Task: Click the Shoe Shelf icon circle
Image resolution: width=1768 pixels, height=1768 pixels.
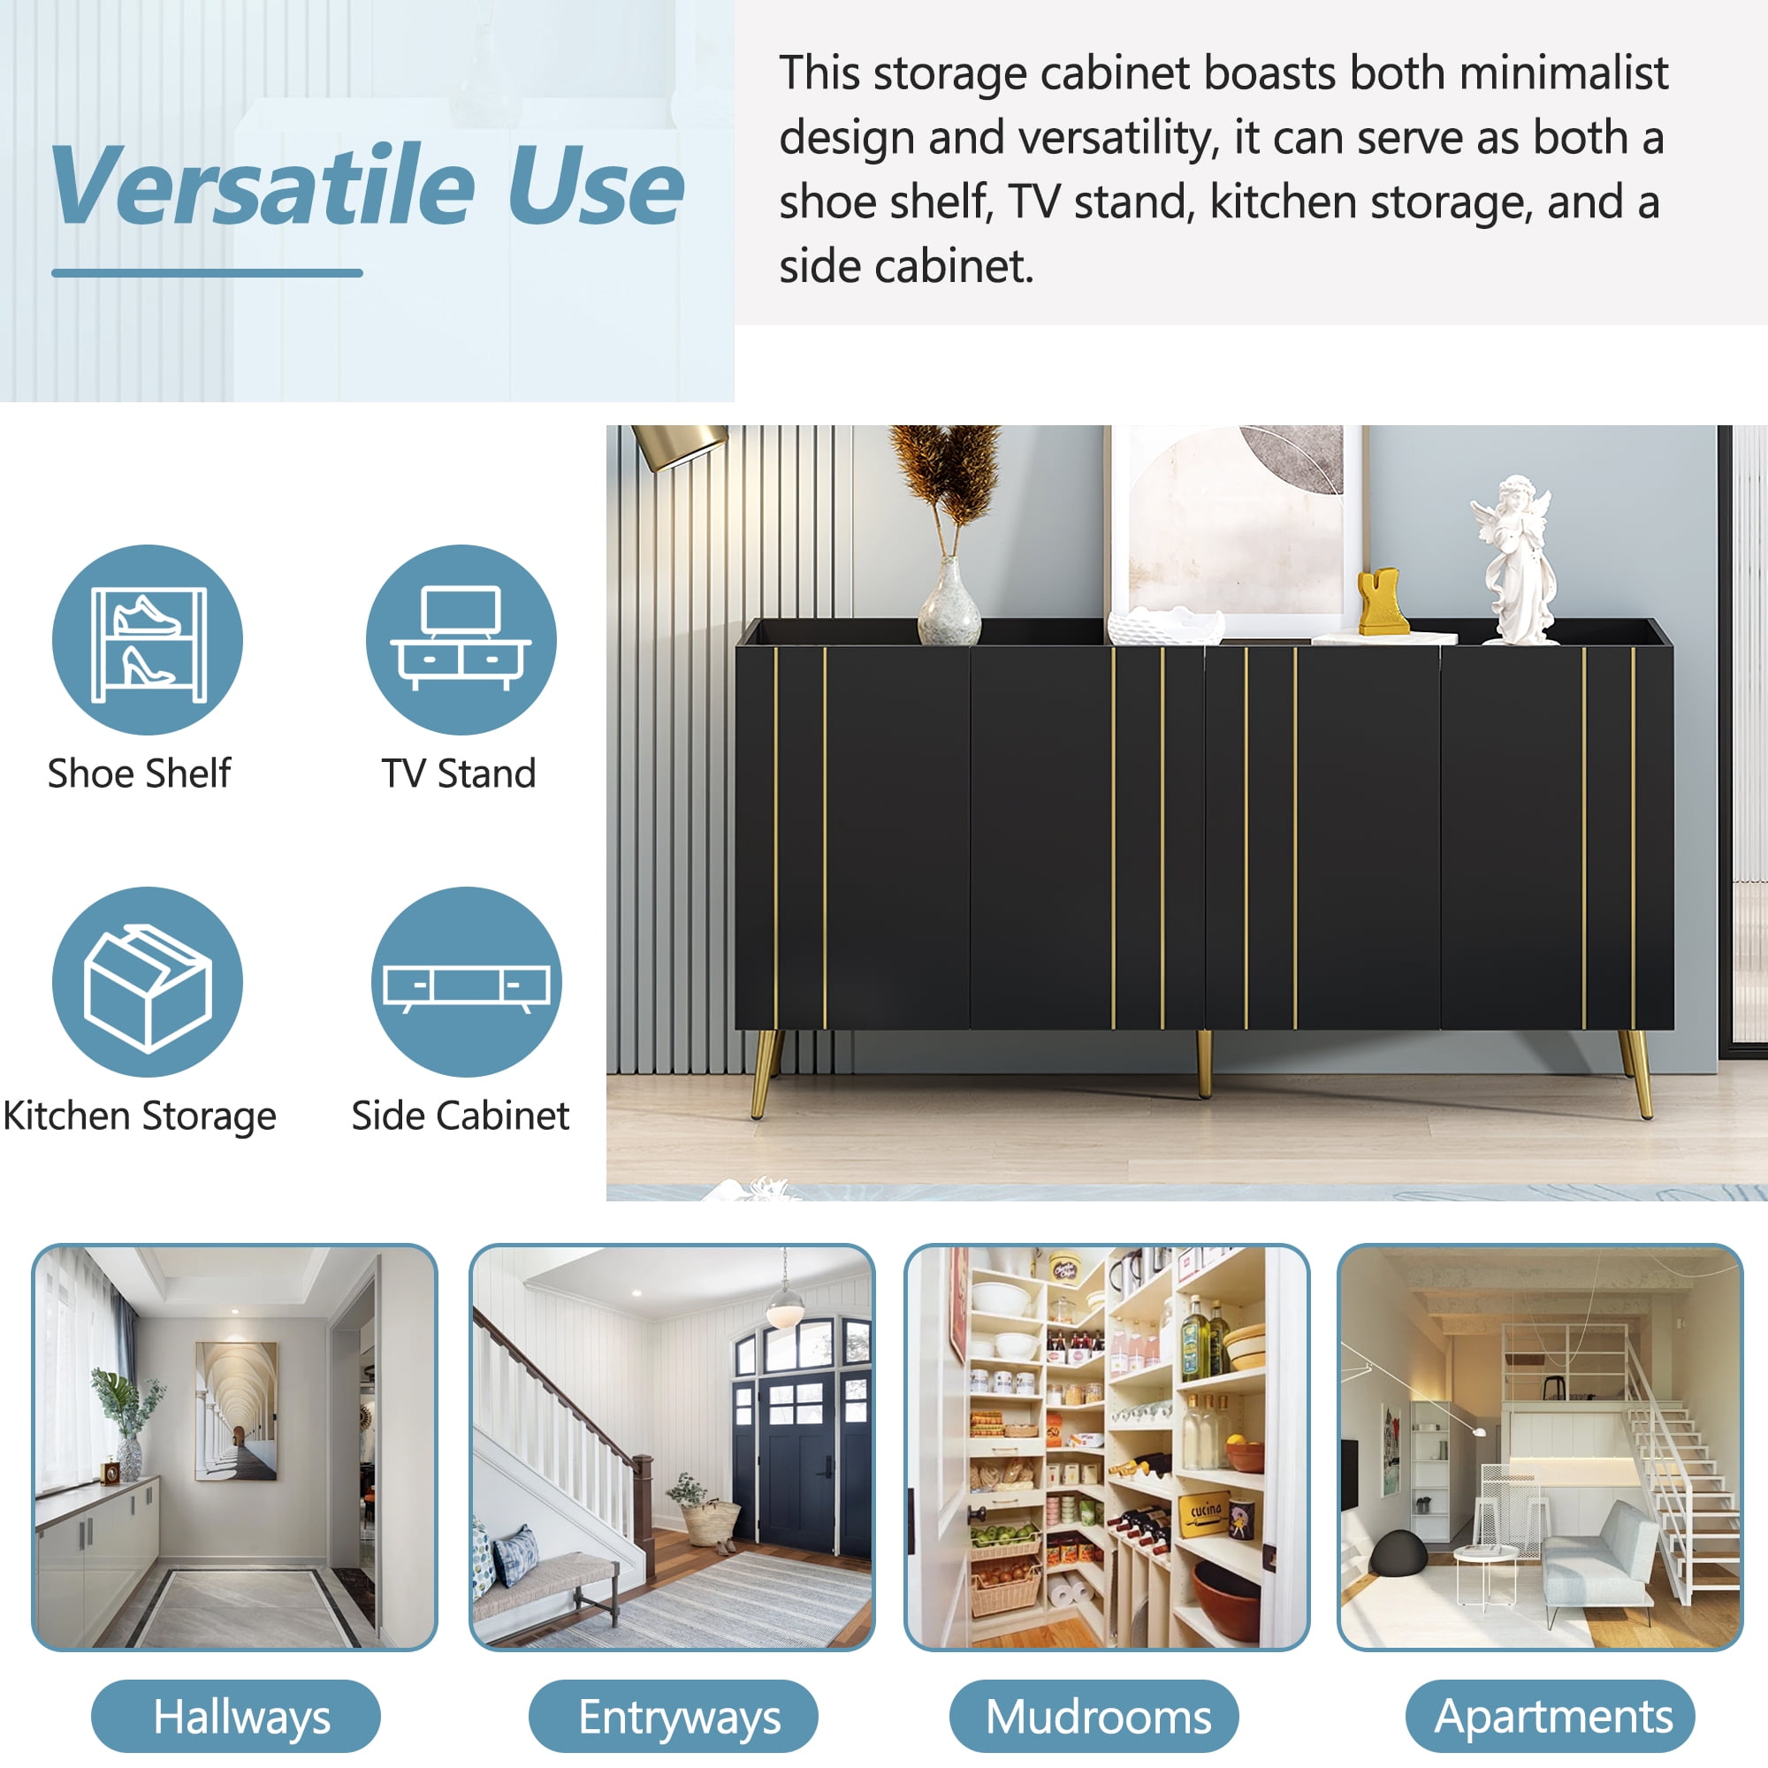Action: click(x=148, y=640)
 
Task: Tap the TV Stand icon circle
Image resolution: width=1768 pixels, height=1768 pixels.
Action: click(x=461, y=640)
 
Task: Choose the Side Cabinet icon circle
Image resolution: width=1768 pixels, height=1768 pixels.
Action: click(x=466, y=982)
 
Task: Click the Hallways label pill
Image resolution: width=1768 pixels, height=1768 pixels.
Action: click(x=236, y=1716)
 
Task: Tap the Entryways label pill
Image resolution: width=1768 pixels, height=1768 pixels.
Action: click(x=674, y=1716)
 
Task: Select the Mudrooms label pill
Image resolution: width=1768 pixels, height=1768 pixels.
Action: click(x=1094, y=1716)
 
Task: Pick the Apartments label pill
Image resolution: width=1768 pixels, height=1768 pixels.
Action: click(x=1551, y=1716)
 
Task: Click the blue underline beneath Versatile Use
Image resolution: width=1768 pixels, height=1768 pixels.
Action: click(x=207, y=272)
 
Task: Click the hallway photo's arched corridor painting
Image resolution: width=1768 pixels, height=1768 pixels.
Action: click(x=236, y=1411)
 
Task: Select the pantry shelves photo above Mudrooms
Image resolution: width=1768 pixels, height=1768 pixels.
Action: click(x=1107, y=1446)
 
